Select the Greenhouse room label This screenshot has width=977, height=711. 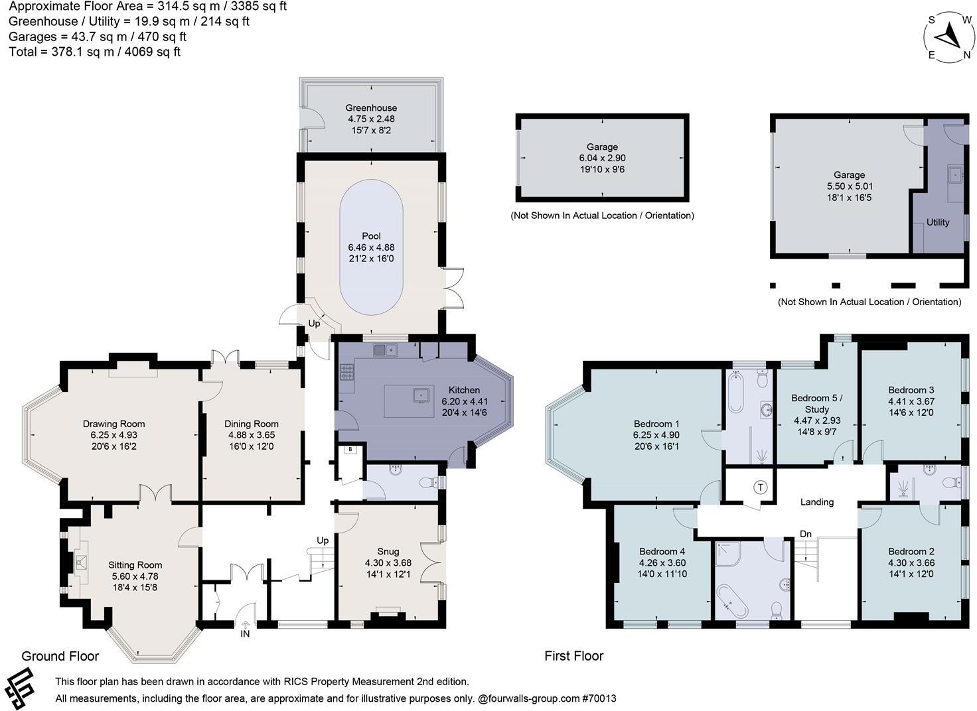pos(371,107)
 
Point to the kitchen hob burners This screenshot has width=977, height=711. pos(346,372)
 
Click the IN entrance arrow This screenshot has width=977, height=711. pos(245,625)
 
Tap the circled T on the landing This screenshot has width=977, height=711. pos(760,487)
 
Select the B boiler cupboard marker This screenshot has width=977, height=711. pos(350,449)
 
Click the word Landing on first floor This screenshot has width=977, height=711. pos(817,502)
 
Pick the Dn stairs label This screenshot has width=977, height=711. pos(806,534)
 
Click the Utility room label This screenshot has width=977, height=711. pos(938,222)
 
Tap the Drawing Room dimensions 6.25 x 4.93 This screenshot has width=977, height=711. pos(114,435)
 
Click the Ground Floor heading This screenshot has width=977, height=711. pos(60,656)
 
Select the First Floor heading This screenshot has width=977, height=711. pos(574,656)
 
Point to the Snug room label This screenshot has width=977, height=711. pos(388,551)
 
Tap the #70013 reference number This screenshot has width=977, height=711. pos(599,698)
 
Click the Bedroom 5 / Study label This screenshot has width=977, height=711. pos(817,404)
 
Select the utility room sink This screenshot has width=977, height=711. pos(955,175)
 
